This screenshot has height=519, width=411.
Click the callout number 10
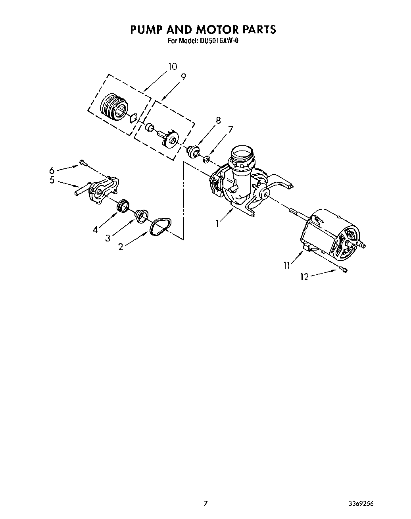click(172, 66)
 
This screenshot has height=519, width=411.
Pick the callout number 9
click(183, 77)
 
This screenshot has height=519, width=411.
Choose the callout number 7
click(230, 129)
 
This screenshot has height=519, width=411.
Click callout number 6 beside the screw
click(52, 171)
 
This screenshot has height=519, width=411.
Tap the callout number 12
click(304, 277)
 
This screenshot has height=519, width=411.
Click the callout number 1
click(217, 224)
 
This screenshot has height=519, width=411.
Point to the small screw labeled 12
click(344, 270)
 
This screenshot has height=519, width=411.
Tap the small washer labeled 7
click(206, 160)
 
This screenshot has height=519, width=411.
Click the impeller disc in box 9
click(171, 139)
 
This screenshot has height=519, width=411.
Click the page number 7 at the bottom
click(205, 504)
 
